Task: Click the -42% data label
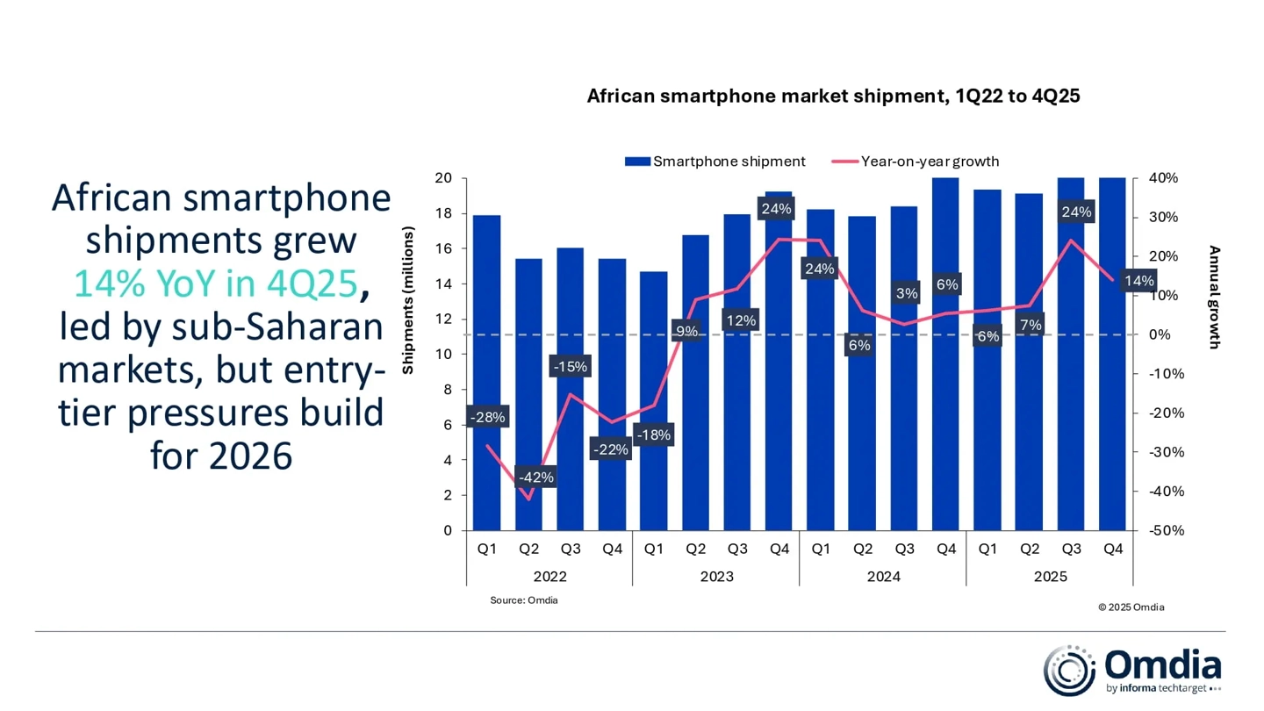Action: [536, 478]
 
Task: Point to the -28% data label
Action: [487, 418]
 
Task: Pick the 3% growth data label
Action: [906, 293]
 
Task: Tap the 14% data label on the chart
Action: [1138, 281]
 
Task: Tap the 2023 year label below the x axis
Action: [716, 577]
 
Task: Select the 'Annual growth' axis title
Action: [1214, 297]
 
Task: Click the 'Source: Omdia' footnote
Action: [523, 600]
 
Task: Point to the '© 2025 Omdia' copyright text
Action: [1131, 607]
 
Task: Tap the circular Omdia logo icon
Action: [1068, 671]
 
